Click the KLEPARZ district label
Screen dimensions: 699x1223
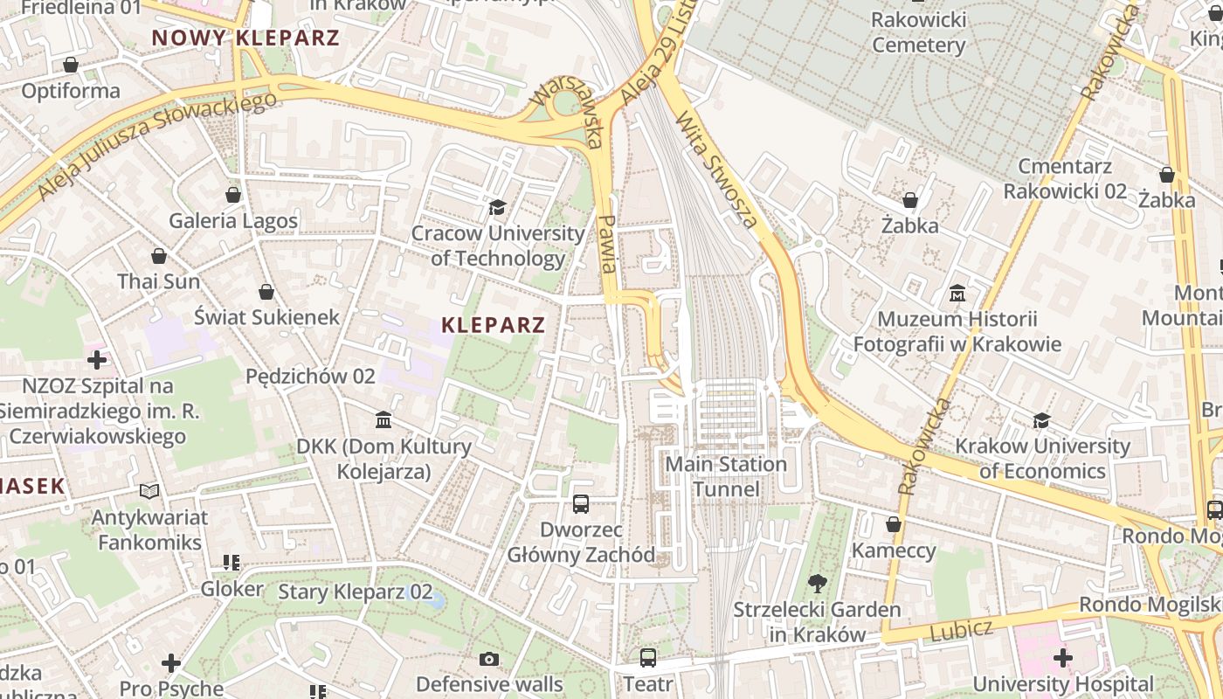tap(494, 325)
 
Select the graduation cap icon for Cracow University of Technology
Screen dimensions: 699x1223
tap(497, 207)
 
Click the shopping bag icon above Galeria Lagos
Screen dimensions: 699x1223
tap(233, 194)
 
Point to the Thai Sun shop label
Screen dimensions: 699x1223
tap(159, 281)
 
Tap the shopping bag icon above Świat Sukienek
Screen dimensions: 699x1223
tap(266, 292)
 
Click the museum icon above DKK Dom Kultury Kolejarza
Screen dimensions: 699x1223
tap(383, 420)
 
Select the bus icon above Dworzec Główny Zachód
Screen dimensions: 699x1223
tap(581, 503)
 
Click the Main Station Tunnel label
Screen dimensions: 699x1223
tap(726, 476)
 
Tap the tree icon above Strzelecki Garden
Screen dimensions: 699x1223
tap(818, 583)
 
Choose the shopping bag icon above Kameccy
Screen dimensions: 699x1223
tap(894, 524)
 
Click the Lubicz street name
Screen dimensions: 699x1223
tap(961, 629)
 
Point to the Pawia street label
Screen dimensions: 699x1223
tap(608, 245)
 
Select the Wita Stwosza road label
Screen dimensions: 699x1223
tap(717, 172)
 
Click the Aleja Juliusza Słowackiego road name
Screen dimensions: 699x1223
tap(157, 144)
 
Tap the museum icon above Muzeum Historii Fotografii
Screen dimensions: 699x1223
tap(957, 293)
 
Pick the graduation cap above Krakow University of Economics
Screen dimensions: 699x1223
tap(1041, 420)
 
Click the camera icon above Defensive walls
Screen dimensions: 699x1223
tap(489, 658)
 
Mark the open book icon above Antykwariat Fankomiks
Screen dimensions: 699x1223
tap(150, 491)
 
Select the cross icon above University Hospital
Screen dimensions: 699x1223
tap(1063, 657)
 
